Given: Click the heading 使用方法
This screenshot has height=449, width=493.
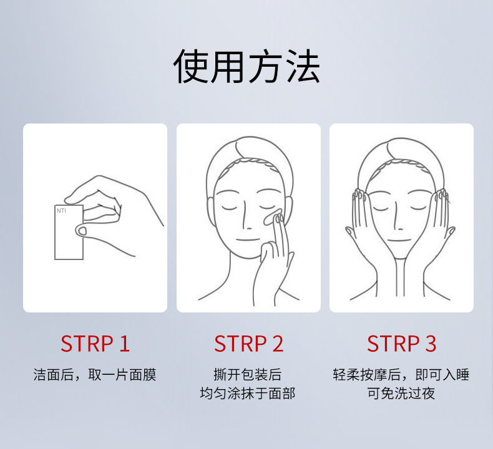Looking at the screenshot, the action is pyautogui.click(x=246, y=67).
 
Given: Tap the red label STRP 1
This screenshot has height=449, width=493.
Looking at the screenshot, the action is pyautogui.click(x=95, y=344).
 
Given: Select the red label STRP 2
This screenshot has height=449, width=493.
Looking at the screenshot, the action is pyautogui.click(x=248, y=344).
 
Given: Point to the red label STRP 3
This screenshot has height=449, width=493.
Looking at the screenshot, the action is pyautogui.click(x=401, y=344).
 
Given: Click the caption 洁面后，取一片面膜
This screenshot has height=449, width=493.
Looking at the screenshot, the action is pyautogui.click(x=95, y=375).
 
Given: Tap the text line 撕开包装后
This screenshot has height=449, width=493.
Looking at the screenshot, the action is pyautogui.click(x=248, y=375).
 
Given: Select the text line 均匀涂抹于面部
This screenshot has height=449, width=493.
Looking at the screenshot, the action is pyautogui.click(x=248, y=393).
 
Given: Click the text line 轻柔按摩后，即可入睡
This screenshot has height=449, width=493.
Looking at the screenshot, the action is pyautogui.click(x=401, y=375).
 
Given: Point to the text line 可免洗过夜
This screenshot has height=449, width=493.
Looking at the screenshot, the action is pyautogui.click(x=401, y=393).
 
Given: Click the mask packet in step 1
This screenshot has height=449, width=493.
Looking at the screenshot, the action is pyautogui.click(x=69, y=232).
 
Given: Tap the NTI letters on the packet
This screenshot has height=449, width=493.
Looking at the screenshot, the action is pyautogui.click(x=61, y=211).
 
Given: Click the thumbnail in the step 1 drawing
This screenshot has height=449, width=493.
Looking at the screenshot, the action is pyautogui.click(x=82, y=231).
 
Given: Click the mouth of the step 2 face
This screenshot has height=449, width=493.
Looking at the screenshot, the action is pyautogui.click(x=248, y=240).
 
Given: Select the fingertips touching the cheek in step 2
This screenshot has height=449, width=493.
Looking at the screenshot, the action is pyautogui.click(x=278, y=218).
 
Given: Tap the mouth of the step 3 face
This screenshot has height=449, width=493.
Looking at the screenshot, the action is pyautogui.click(x=399, y=240).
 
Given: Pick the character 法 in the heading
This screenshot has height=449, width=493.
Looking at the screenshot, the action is pyautogui.click(x=303, y=67).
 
